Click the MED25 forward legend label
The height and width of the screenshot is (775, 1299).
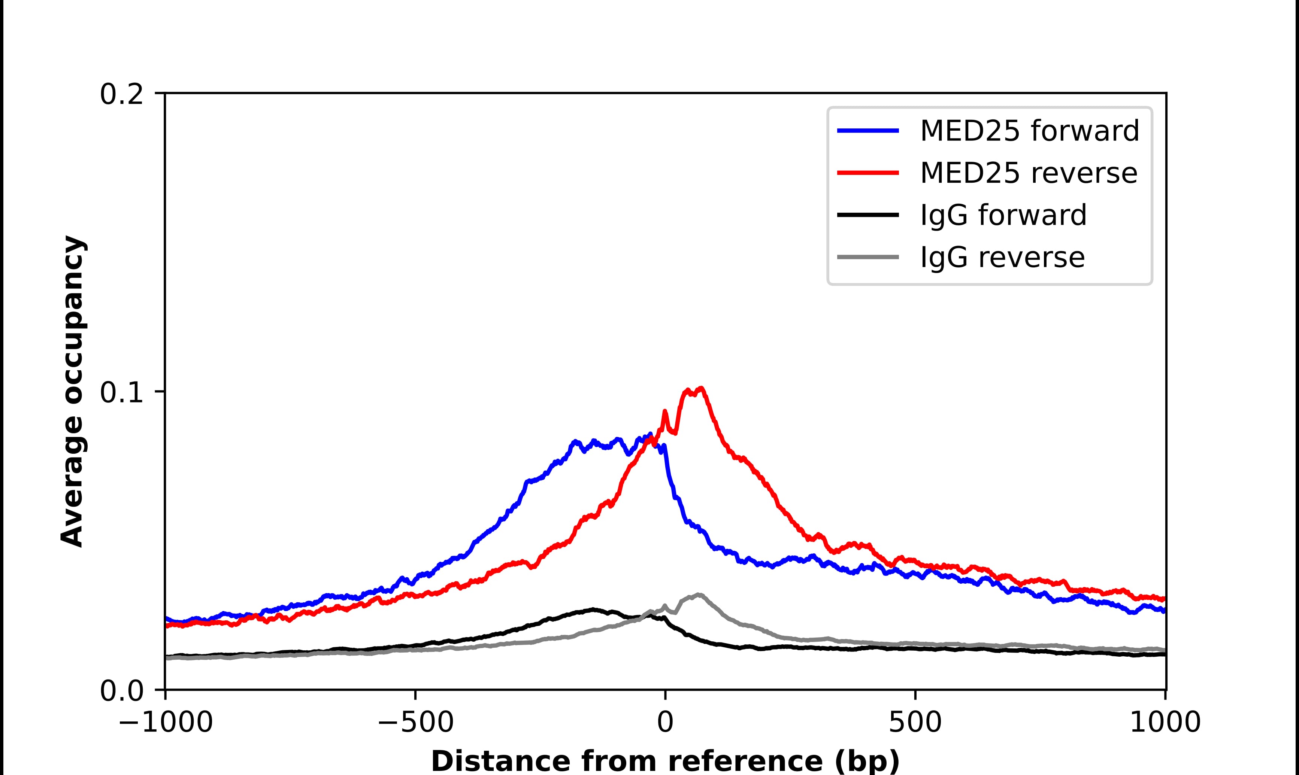1029,131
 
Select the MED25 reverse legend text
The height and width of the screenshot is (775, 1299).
1028,173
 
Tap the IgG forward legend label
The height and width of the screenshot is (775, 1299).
1003,215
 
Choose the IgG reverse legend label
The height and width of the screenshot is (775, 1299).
1002,258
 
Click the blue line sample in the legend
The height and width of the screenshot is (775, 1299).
868,131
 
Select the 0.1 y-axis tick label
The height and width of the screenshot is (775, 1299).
121,393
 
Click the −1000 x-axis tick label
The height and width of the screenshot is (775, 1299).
166,723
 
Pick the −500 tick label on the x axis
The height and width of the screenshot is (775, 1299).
415,723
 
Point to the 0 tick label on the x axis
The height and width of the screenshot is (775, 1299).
665,723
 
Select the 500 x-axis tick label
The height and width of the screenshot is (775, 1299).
915,723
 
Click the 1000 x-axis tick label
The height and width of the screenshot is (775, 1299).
1165,723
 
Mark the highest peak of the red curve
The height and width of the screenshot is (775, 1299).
701,389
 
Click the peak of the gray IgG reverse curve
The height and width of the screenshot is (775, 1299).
698,595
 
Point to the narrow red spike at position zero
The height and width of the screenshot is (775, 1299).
665,412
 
